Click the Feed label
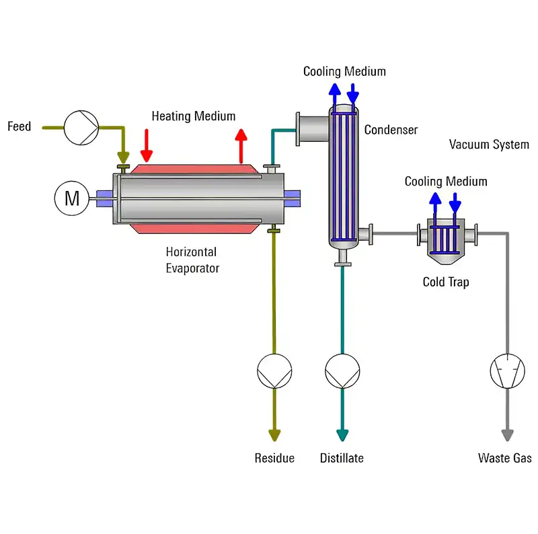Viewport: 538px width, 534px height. [19, 126]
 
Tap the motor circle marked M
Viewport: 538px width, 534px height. [72, 198]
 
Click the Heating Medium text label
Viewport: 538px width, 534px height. [194, 116]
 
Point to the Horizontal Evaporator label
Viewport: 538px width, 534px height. [192, 260]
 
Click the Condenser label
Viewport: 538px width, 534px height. [391, 130]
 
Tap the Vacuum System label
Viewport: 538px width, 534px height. [489, 145]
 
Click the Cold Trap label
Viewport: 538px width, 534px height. [446, 282]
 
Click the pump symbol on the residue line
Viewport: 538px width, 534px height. [274, 371]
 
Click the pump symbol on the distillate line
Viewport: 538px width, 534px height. [342, 371]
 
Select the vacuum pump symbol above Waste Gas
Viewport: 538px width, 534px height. [506, 371]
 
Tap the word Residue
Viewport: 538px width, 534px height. [274, 458]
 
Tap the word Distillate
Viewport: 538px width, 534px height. [342, 458]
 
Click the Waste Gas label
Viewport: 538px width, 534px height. [505, 458]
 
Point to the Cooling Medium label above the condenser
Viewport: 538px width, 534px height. [344, 71]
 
